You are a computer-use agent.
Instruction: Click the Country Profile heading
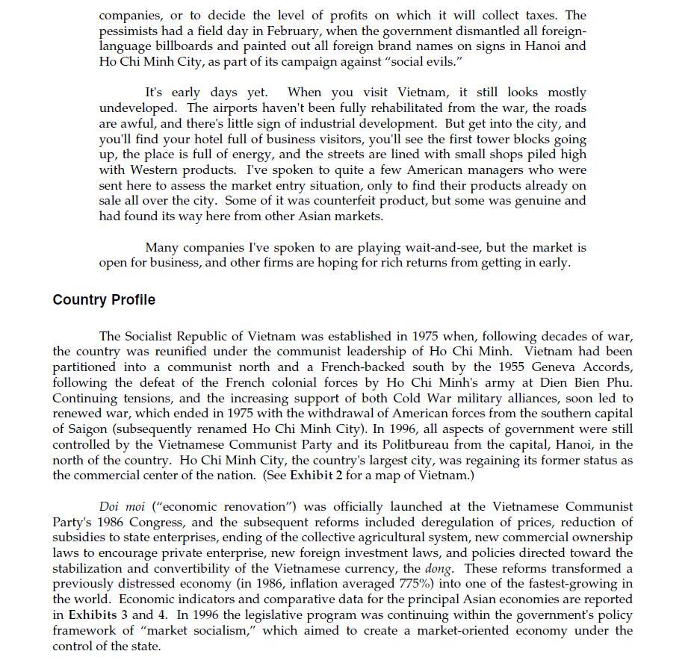tap(104, 300)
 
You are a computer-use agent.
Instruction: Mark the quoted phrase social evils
tap(415, 61)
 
